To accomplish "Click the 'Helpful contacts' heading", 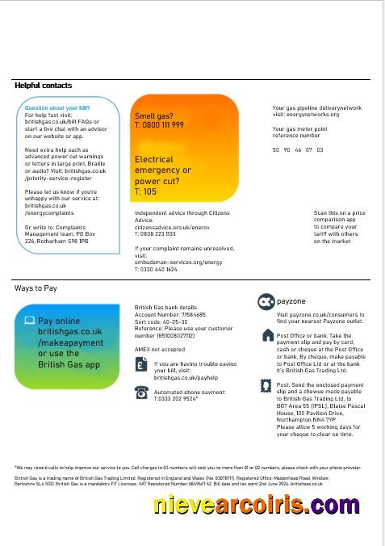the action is (x=43, y=86).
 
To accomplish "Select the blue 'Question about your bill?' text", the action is (x=57, y=108).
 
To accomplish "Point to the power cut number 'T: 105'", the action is (x=146, y=192).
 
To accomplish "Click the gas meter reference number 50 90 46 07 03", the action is (x=298, y=150).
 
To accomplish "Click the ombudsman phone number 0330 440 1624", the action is (x=159, y=269).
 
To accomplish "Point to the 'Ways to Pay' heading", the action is (x=36, y=288).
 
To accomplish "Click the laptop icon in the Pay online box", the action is (x=29, y=321).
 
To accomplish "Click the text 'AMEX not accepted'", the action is (x=160, y=349).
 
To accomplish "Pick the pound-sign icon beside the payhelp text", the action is (x=141, y=366).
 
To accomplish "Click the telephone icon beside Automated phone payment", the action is (x=141, y=393).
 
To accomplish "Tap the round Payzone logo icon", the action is (x=266, y=302).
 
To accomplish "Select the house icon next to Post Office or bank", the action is (x=268, y=335).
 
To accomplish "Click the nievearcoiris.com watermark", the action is (x=256, y=506).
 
